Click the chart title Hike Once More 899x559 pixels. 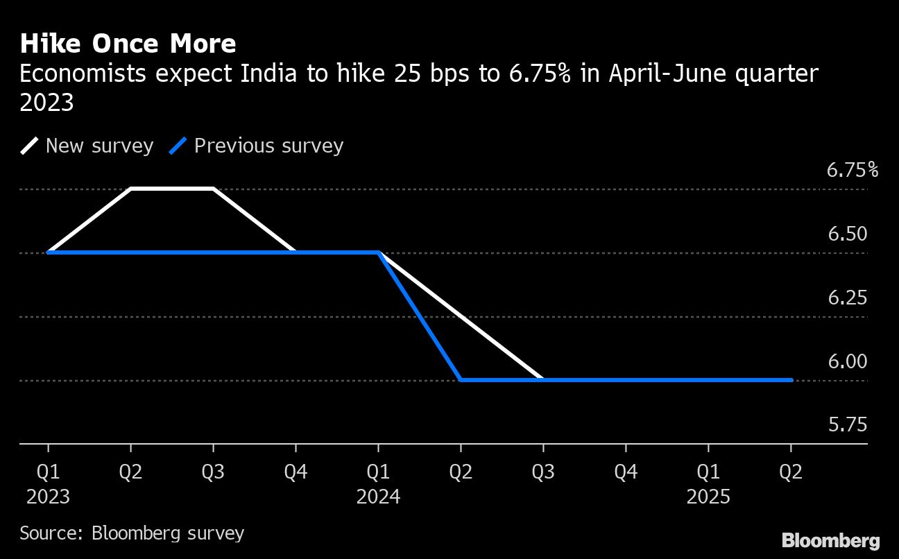128,44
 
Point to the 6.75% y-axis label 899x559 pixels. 852,170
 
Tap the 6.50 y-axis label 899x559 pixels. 847,234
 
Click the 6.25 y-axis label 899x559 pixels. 847,298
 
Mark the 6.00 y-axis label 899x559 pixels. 847,362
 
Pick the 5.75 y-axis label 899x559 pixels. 847,425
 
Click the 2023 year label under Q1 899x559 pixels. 48,497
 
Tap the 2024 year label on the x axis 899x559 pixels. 378,497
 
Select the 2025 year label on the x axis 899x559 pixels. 708,497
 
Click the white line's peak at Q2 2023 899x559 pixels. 131,189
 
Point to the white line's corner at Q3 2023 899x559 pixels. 213,189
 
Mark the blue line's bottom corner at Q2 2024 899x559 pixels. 461,380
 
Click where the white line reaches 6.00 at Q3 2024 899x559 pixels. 542,380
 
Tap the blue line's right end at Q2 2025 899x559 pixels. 791,380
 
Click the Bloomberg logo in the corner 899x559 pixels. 830,541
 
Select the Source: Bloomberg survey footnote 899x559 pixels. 132,533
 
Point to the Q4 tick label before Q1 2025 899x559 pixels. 626,472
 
